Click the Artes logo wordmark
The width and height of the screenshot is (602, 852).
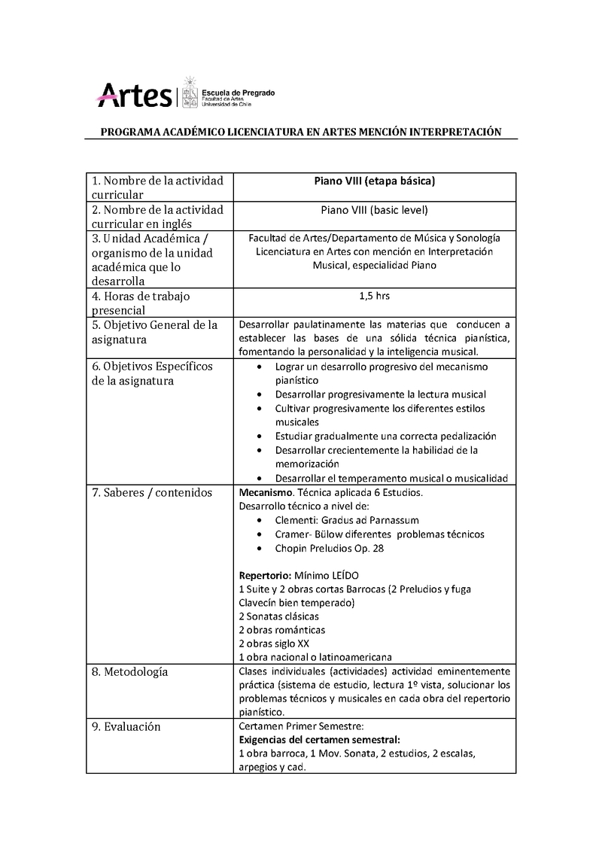click(x=135, y=96)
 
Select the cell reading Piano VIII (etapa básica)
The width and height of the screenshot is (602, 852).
click(x=374, y=181)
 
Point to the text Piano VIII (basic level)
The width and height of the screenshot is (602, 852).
click(x=374, y=210)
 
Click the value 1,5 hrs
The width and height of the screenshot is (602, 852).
click(x=374, y=296)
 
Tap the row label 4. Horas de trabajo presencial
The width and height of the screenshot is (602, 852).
click(x=141, y=303)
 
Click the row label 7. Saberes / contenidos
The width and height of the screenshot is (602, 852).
click(x=151, y=493)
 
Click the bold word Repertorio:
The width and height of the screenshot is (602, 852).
click(x=265, y=575)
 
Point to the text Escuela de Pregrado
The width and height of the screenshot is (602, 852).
click(x=239, y=93)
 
